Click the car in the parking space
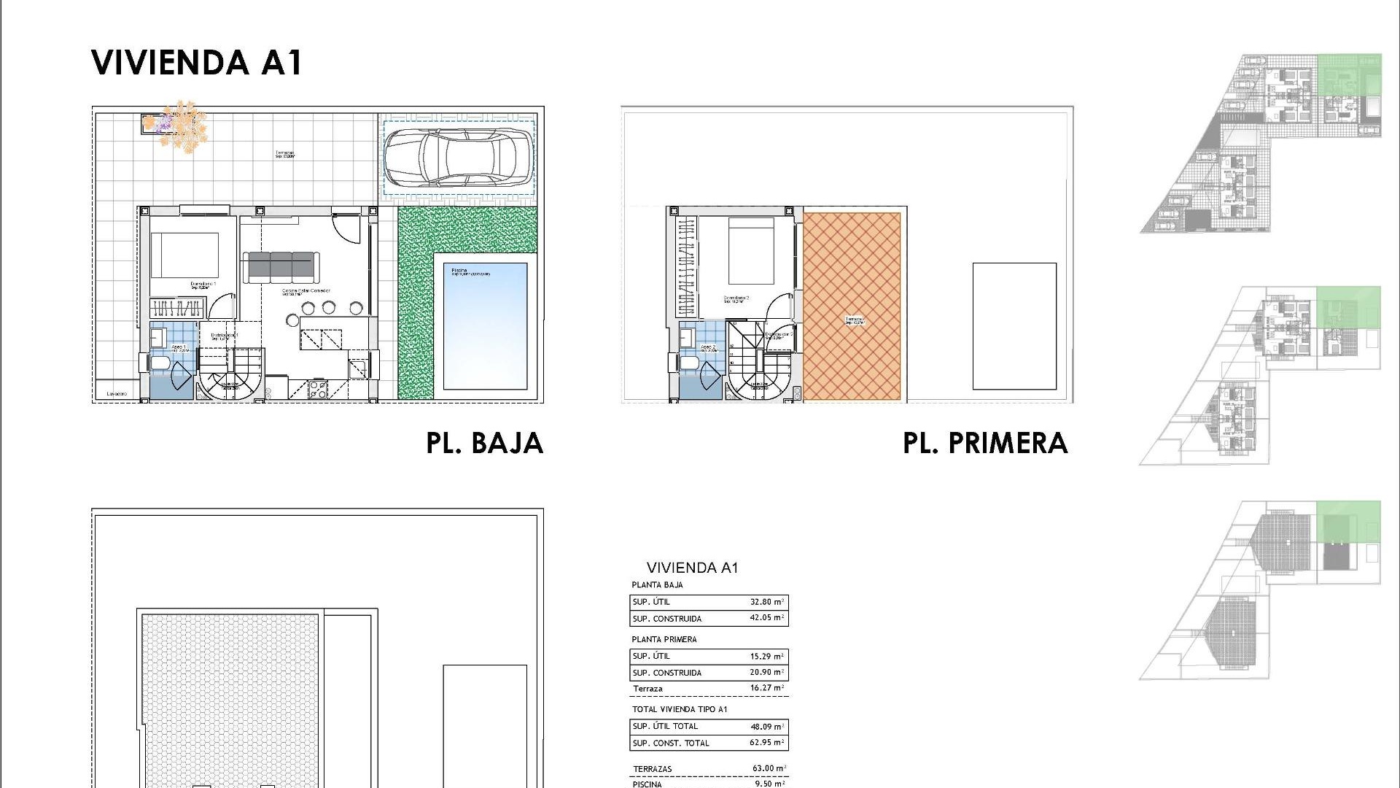[458, 157]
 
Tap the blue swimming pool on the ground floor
[485, 325]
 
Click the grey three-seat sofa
[281, 266]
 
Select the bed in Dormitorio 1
[184, 255]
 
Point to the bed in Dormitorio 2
[751, 250]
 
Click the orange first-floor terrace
[851, 306]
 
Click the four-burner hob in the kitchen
[318, 389]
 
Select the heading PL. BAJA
[485, 443]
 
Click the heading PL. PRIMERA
[985, 443]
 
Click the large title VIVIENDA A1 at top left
[197, 63]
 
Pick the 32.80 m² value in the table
[766, 602]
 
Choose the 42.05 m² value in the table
[766, 618]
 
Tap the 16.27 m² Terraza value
[766, 688]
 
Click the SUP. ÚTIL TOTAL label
[665, 726]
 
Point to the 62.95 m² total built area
[766, 743]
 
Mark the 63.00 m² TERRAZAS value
[769, 768]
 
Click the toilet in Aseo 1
[160, 363]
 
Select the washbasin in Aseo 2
[687, 338]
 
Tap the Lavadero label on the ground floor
[117, 394]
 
